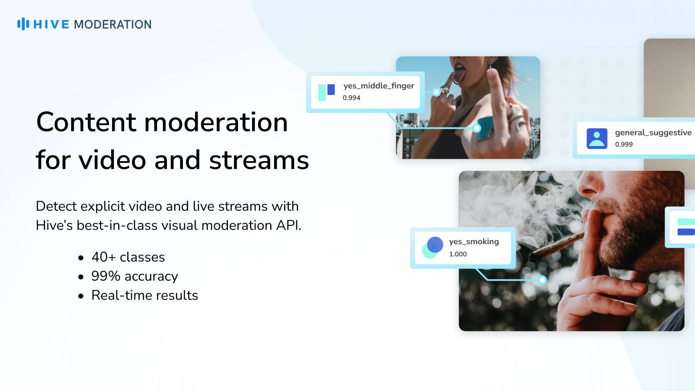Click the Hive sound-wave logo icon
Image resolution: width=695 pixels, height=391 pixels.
23,24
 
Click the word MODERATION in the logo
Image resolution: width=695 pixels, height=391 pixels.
113,24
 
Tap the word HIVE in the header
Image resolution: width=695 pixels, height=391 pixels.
51,24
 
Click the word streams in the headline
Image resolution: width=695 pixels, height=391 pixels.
259,160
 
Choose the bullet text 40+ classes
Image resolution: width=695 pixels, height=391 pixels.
128,257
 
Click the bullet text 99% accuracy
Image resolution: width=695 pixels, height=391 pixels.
135,276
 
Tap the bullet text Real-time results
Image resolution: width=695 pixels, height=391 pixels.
145,295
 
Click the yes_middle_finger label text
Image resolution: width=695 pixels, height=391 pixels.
379,86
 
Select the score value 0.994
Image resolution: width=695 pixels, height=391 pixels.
351,98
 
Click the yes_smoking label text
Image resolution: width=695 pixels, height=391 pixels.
474,242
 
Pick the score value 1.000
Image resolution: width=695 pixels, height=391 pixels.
458,254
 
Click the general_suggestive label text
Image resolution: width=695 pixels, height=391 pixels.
653,133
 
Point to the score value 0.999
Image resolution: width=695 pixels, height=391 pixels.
624,144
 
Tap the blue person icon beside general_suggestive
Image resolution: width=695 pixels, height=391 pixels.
597,139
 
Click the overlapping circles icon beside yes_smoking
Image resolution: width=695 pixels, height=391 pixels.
433,248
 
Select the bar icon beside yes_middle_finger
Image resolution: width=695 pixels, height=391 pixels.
327,92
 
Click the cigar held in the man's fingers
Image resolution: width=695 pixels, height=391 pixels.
557,247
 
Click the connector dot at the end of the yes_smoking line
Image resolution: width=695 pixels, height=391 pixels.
543,280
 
